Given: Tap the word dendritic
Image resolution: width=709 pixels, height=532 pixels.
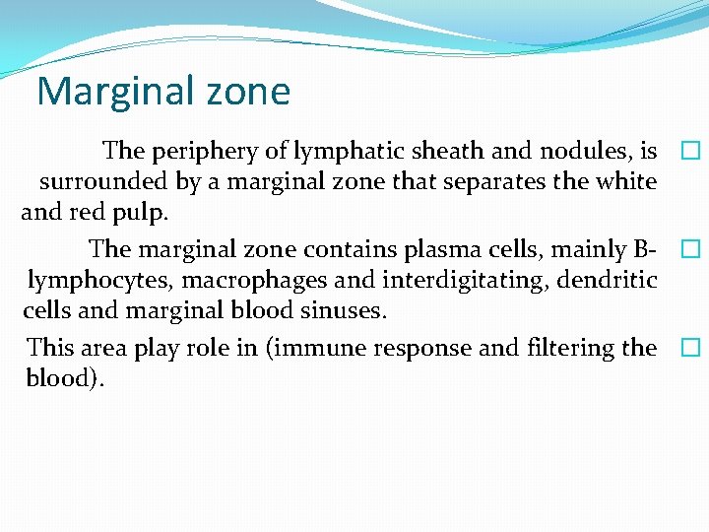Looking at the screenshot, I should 608,281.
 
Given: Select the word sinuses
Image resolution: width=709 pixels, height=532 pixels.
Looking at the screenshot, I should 349,311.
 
